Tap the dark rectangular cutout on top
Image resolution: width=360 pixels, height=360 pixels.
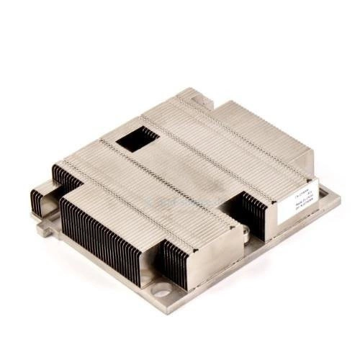(x=138, y=139)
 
